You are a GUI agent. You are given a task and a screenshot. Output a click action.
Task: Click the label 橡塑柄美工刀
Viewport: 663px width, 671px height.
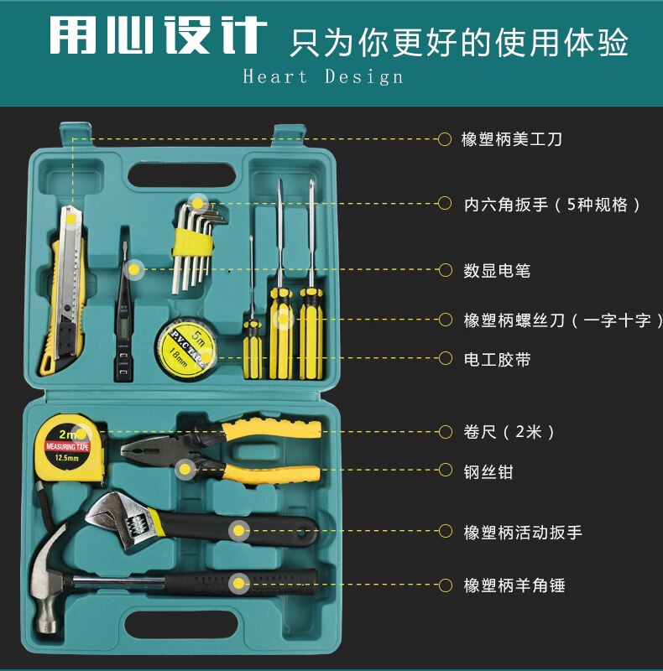[512, 139]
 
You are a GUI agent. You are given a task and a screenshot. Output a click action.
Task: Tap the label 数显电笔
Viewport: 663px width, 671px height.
[497, 271]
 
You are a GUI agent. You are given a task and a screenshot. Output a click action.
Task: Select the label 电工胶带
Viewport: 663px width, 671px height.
[497, 360]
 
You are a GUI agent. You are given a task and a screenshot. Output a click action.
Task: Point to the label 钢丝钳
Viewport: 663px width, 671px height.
[488, 472]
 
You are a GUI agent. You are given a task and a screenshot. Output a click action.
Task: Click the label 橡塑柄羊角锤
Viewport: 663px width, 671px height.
[514, 585]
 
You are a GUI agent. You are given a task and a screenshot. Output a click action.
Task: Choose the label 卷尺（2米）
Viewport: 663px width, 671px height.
[509, 433]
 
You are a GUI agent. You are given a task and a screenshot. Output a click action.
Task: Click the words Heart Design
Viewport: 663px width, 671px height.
[323, 77]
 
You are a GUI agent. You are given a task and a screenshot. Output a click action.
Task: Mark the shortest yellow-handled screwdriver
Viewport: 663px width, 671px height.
[252, 335]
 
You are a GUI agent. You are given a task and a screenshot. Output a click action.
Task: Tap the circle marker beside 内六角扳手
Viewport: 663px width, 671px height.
[445, 204]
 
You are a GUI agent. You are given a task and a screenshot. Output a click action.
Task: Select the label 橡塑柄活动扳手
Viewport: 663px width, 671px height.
[523, 532]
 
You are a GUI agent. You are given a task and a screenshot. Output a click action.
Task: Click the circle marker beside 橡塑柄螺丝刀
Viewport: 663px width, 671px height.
[445, 320]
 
